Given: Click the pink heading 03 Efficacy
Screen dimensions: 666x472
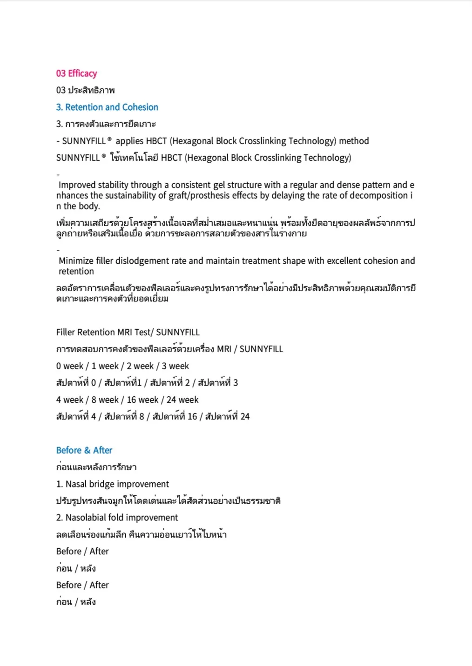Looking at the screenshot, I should coord(76,73).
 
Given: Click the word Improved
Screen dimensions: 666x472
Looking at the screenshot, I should coord(77,185).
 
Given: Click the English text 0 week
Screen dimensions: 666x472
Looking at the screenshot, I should coord(70,366).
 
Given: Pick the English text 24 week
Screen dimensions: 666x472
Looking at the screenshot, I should coord(182,400).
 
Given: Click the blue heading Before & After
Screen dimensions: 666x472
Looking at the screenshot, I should coord(84,450).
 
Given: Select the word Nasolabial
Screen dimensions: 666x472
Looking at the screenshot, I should coord(85,518).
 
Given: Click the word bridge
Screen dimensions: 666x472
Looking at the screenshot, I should coord(102,484).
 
